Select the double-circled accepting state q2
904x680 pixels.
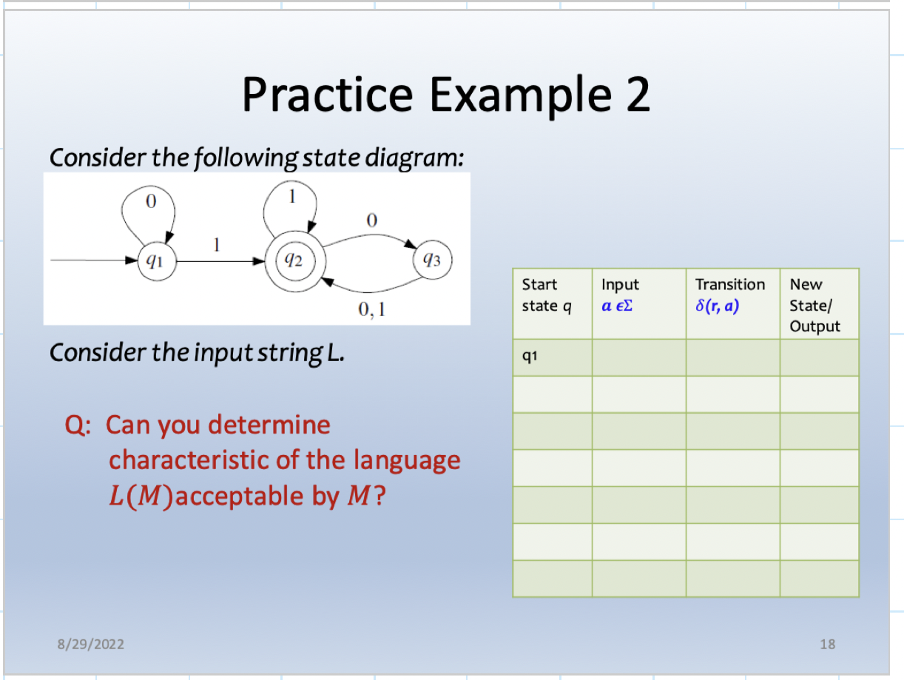[x=294, y=260]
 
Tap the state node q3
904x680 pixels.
[x=431, y=260]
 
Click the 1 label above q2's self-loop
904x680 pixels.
[x=292, y=197]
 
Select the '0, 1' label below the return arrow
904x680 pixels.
[x=371, y=310]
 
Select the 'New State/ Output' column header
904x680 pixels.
[x=814, y=305]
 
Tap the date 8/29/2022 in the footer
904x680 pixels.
[x=91, y=644]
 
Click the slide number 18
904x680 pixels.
[x=827, y=644]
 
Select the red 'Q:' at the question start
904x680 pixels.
[x=80, y=425]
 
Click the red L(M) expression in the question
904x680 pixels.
[x=140, y=496]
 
